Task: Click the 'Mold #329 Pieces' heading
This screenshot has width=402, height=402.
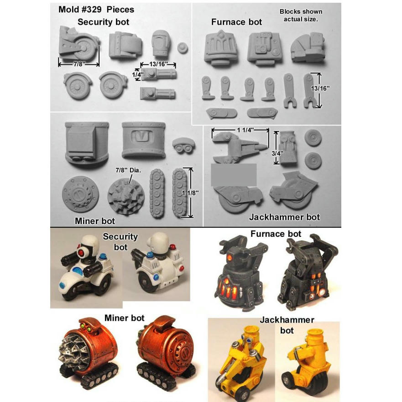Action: click(x=96, y=10)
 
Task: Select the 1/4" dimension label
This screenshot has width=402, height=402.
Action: click(x=137, y=75)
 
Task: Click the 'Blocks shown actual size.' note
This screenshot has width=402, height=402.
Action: click(x=301, y=16)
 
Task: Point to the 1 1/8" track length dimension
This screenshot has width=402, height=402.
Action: click(x=190, y=193)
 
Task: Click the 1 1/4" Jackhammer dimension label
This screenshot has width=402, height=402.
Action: click(x=245, y=130)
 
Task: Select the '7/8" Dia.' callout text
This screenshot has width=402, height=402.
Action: click(x=128, y=170)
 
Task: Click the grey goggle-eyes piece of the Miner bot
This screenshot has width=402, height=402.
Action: click(x=183, y=146)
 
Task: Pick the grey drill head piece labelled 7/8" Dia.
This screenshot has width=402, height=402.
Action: click(x=125, y=196)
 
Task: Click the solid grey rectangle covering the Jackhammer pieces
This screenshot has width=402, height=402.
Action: click(x=234, y=175)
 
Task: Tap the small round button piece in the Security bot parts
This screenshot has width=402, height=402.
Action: click(x=182, y=48)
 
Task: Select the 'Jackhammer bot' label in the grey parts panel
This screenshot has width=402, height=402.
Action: click(x=284, y=217)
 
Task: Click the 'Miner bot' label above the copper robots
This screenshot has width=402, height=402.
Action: click(x=125, y=318)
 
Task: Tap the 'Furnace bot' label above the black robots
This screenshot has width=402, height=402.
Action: click(x=276, y=234)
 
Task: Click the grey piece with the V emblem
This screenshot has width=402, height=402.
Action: click(x=143, y=140)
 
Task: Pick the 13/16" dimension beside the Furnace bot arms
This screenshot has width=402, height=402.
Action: click(x=320, y=89)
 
